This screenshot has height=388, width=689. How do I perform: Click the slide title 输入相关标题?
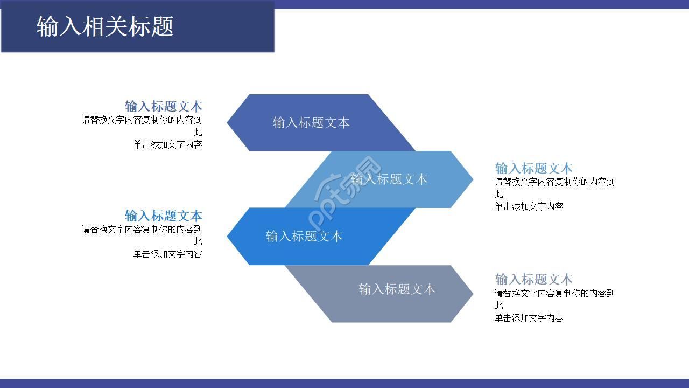pos(105,26)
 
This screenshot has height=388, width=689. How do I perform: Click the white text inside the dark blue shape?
pos(311,123)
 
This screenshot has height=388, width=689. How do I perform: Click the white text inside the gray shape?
pos(397,289)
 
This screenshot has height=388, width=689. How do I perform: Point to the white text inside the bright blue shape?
pos(304,237)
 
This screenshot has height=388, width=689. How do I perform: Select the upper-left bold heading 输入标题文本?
pos(164,106)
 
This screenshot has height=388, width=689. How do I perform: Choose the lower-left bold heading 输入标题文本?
pos(164,216)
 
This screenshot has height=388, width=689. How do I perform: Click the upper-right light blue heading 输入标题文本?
pos(534,168)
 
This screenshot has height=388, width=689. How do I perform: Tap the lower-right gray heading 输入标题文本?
pos(534,279)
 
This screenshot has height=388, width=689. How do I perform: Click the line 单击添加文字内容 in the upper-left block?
pos(168,144)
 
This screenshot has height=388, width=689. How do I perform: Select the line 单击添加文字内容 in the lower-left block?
pos(168,254)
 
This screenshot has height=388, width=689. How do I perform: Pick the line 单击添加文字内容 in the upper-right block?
pos(529,206)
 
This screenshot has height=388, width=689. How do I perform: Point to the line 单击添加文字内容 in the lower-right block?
pos(529,318)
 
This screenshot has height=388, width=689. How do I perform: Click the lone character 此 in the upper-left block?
pos(198,132)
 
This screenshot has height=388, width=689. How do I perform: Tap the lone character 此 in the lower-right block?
pos(499,306)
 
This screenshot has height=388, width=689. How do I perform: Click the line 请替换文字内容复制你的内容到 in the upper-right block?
pos(554,182)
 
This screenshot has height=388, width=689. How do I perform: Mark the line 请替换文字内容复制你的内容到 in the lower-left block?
pos(142,229)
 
